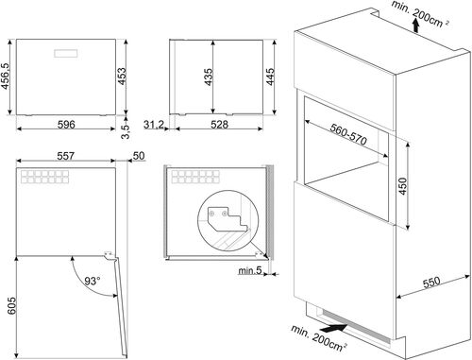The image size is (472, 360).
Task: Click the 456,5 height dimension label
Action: pyautogui.click(x=8, y=72)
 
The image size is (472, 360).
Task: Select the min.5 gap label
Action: pyautogui.click(x=249, y=272)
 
